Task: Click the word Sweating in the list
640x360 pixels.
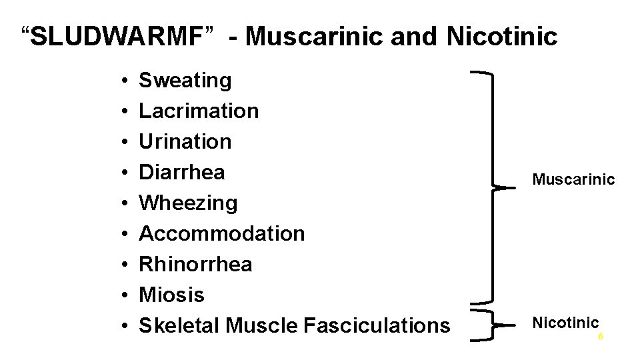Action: [x=185, y=81]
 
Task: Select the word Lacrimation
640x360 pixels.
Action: [x=198, y=111]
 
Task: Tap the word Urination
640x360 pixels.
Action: [x=185, y=141]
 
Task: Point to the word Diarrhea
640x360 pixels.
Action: [x=181, y=172]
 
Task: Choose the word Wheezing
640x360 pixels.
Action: [x=187, y=203]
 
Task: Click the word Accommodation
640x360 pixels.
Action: [x=221, y=233]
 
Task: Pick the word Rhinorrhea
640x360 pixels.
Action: [x=195, y=264]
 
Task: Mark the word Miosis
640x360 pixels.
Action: [x=171, y=295]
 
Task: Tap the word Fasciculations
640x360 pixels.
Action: [x=376, y=325]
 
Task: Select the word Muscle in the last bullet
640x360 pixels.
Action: [x=261, y=325]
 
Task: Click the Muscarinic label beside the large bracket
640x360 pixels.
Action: [x=573, y=179]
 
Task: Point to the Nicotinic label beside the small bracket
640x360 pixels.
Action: [x=565, y=323]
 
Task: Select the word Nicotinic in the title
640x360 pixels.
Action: [x=501, y=37]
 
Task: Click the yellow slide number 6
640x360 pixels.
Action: [x=600, y=337]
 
